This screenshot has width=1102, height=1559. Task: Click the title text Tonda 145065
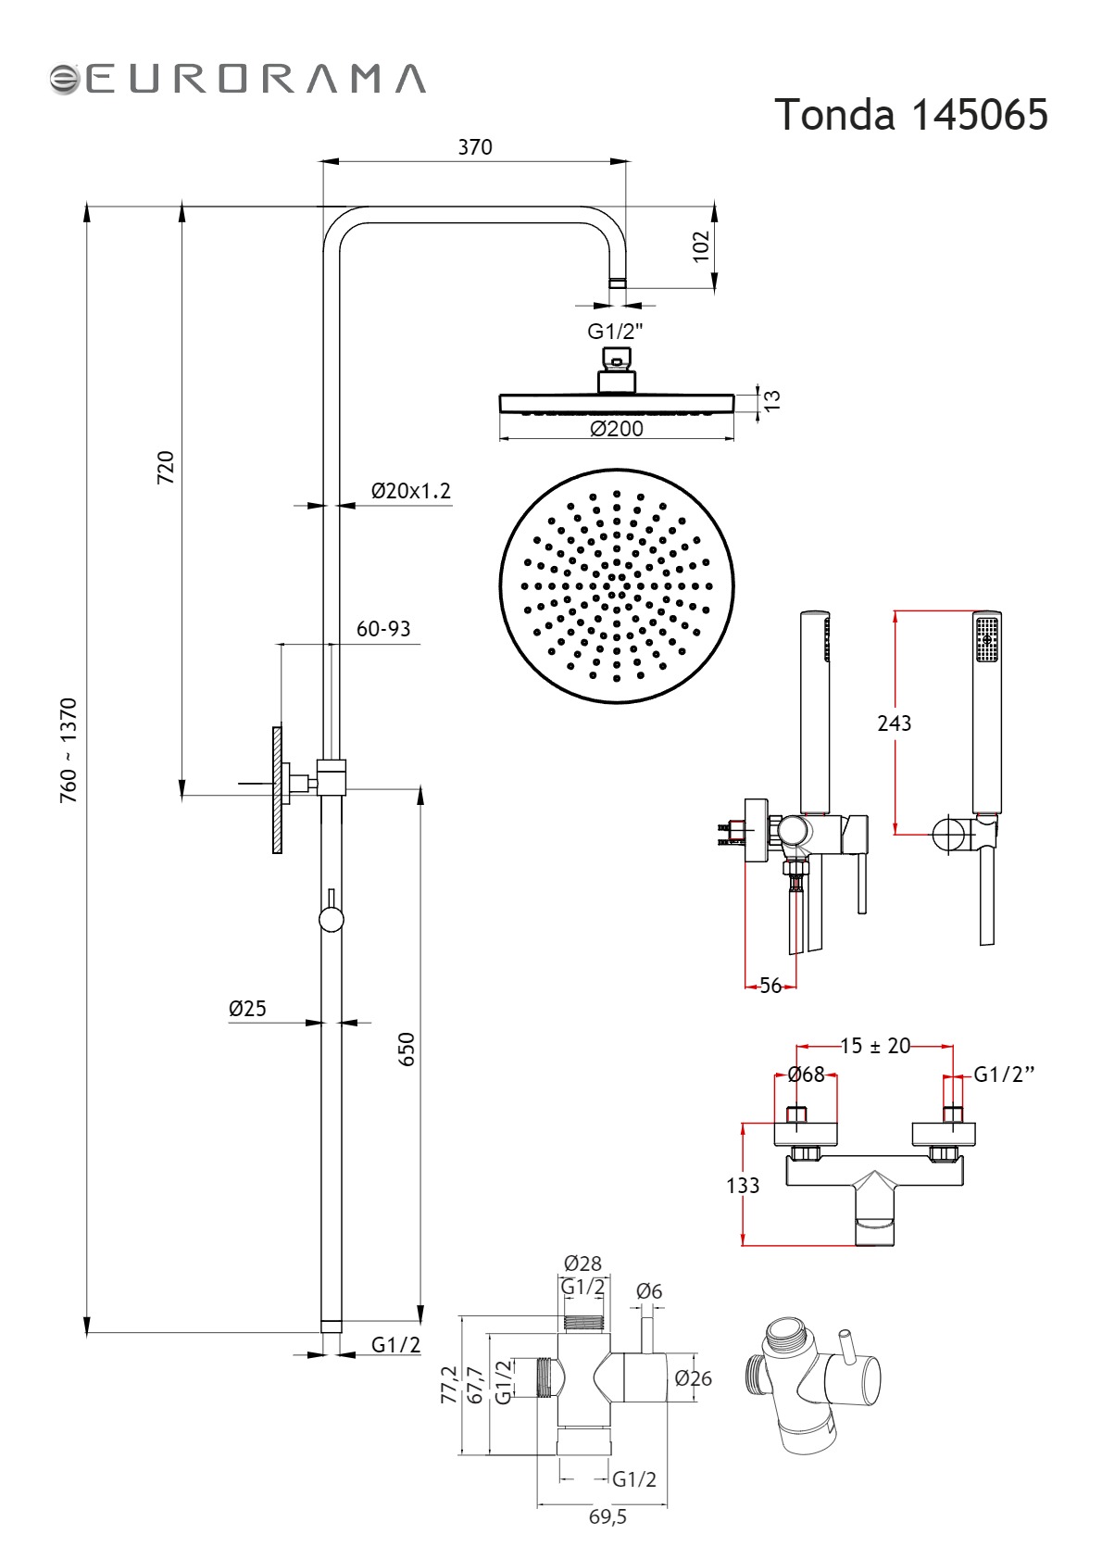click(910, 114)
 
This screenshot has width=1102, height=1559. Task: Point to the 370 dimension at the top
click(474, 147)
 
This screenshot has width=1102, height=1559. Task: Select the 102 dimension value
click(701, 246)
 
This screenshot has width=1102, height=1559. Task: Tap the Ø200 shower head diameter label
click(617, 428)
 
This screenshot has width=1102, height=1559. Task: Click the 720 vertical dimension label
click(166, 468)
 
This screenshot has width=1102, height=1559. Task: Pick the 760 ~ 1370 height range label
click(69, 750)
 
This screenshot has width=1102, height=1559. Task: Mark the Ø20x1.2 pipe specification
click(410, 491)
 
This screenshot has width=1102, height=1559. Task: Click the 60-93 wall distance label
click(383, 628)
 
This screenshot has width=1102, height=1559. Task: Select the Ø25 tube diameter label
click(247, 1008)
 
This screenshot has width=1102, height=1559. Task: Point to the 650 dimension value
click(407, 1049)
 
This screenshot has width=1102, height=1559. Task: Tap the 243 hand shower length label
click(894, 723)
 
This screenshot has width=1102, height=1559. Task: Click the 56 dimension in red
click(770, 985)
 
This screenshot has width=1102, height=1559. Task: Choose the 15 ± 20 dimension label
click(875, 1046)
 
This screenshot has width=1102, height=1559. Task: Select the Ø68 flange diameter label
click(807, 1075)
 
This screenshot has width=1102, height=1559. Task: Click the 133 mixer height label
click(743, 1186)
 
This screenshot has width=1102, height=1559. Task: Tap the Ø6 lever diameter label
click(649, 1291)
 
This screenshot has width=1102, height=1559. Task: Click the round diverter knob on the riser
click(332, 920)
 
